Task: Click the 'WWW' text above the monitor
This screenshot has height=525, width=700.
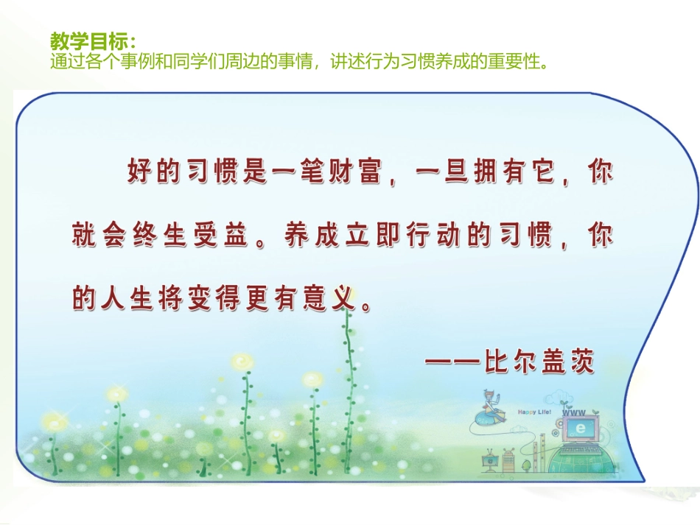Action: [573, 414]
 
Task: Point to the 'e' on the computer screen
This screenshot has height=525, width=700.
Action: [581, 428]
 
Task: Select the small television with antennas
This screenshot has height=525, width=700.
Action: [489, 461]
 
